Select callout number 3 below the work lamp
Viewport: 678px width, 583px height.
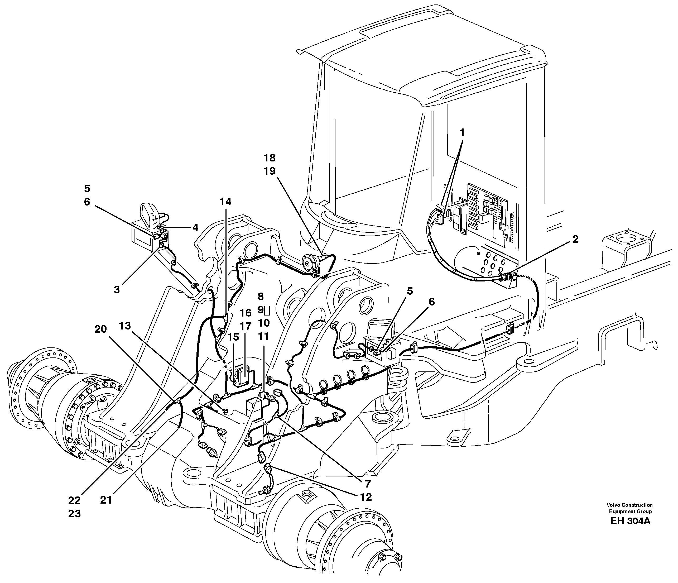(x=117, y=289)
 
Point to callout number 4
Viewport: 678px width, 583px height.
(x=195, y=227)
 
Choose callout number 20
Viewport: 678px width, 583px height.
(x=100, y=329)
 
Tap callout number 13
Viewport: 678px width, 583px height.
(x=125, y=326)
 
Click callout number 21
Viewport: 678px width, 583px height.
(x=106, y=500)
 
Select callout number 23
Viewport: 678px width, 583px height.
(x=74, y=514)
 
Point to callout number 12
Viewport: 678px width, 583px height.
(x=366, y=497)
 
